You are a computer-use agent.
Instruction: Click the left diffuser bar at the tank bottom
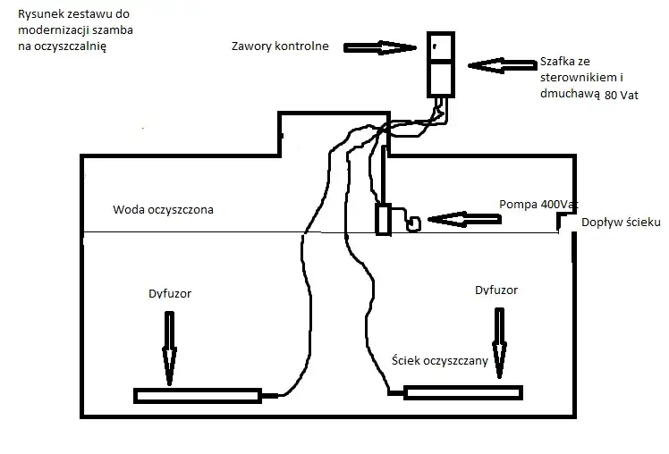point(197,394)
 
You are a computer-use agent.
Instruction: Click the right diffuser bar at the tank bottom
point(462,392)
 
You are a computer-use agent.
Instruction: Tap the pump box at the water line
point(384,220)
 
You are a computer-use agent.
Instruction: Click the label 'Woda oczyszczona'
point(163,210)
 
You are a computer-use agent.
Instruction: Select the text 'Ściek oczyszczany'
point(440,360)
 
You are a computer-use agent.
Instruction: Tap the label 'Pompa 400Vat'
point(533,205)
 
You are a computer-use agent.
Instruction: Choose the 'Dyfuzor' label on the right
point(496,290)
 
